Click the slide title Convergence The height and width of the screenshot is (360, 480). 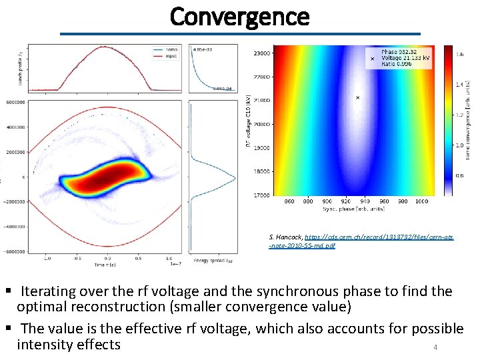click(x=239, y=16)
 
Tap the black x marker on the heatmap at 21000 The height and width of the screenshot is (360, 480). click(x=357, y=97)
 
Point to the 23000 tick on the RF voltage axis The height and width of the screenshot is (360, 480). click(x=262, y=53)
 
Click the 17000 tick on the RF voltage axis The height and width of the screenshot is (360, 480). click(x=262, y=195)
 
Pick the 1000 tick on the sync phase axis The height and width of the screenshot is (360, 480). click(x=421, y=201)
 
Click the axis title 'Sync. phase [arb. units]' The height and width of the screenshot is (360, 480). click(x=353, y=208)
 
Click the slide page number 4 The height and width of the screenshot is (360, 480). click(x=435, y=347)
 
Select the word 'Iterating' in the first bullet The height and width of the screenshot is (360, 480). click(x=49, y=291)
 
